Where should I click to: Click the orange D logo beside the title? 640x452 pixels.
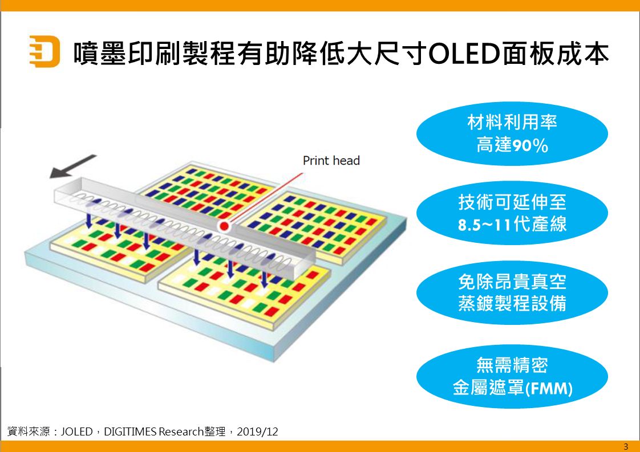click(x=44, y=51)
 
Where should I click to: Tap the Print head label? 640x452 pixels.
click(x=331, y=161)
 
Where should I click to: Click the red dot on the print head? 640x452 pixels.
click(x=224, y=226)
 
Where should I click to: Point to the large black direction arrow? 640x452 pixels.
click(x=72, y=166)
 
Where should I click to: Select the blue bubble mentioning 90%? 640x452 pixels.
click(x=512, y=133)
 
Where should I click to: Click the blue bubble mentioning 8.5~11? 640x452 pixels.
click(x=512, y=213)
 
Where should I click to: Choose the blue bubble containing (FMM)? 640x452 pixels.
click(x=512, y=376)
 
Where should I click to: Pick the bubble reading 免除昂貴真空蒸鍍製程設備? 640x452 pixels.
click(x=512, y=292)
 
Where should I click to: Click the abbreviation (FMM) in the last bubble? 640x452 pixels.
click(x=549, y=388)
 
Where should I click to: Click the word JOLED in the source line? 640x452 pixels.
click(x=77, y=431)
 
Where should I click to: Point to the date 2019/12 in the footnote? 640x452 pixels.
click(x=257, y=431)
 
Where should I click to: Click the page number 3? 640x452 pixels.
click(x=626, y=446)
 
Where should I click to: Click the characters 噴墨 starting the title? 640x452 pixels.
click(x=100, y=53)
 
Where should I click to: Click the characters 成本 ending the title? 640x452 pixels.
click(x=582, y=53)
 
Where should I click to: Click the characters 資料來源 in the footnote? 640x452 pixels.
click(x=29, y=431)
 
